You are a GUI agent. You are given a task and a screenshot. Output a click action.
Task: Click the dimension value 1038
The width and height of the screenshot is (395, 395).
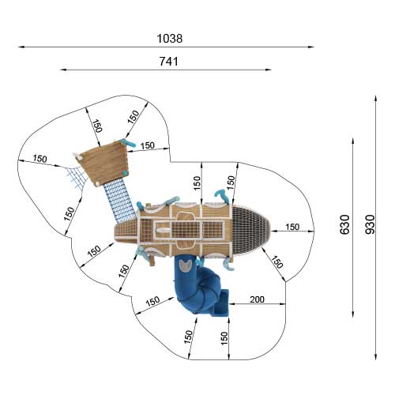[169, 39]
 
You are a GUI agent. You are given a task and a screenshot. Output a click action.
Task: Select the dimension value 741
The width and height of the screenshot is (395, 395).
[169, 62]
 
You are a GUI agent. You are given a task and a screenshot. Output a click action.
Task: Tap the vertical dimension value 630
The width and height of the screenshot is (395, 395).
[345, 224]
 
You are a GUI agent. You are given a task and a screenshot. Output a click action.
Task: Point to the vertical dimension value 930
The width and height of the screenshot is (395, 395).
[370, 224]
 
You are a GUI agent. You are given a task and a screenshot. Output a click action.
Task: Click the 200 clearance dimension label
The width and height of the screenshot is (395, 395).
[257, 299]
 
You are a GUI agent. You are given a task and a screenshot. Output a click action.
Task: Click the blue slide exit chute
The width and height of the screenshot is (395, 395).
[223, 303]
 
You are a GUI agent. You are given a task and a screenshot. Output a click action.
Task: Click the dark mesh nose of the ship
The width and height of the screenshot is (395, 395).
[250, 231]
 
